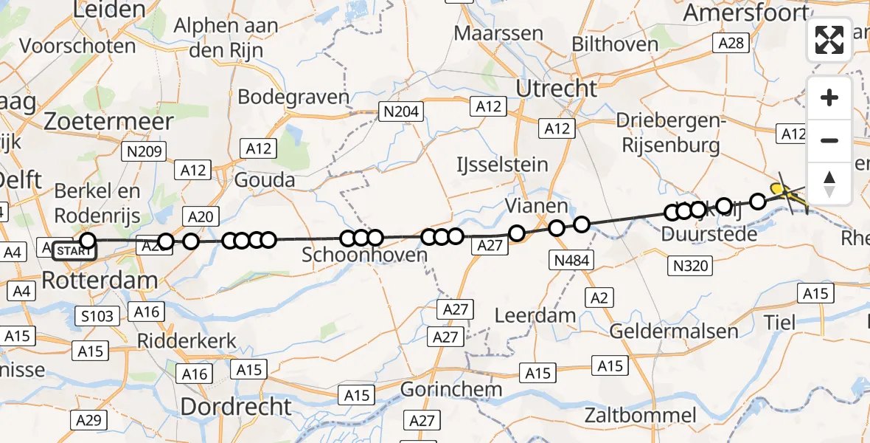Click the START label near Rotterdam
[x=74, y=251]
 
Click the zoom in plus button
[x=829, y=97]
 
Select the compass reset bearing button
[x=829, y=183]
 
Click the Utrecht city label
[x=556, y=89]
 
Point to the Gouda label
[x=265, y=180]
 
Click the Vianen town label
[x=537, y=206]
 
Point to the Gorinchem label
[x=451, y=389]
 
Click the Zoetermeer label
[x=108, y=121]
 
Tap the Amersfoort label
[x=745, y=13]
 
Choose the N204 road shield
[x=400, y=112]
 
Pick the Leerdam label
[x=535, y=316]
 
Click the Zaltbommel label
[x=641, y=415]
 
